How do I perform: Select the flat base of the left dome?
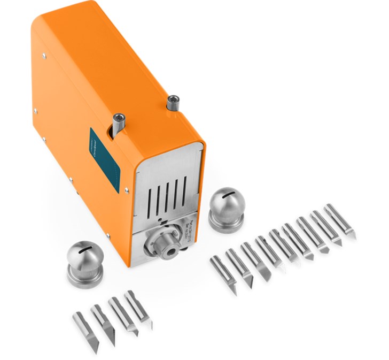(85, 276)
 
